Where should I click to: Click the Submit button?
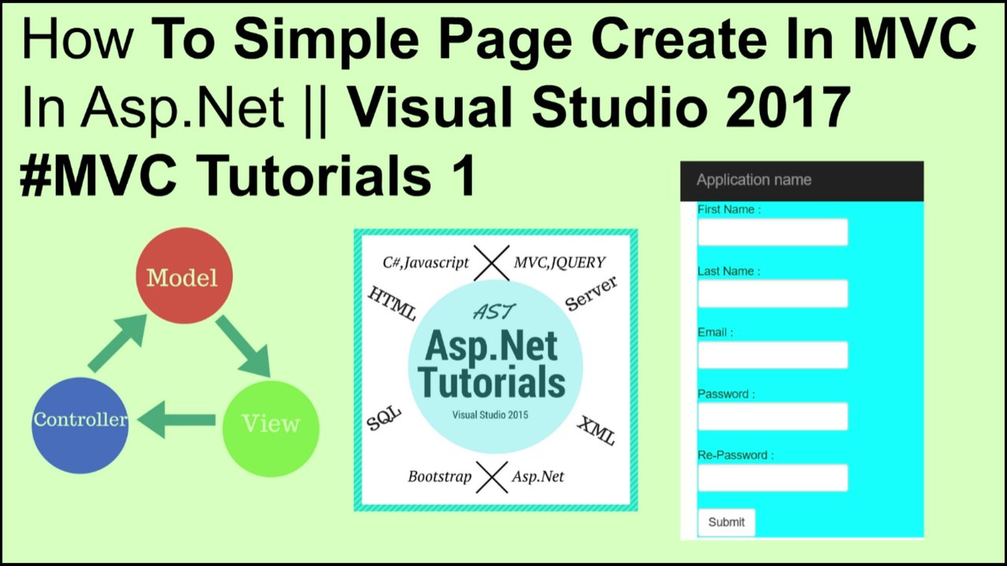tap(726, 522)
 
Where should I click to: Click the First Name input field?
tap(772, 233)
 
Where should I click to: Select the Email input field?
tap(772, 355)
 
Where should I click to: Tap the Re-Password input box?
tap(772, 478)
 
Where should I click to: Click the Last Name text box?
tap(772, 294)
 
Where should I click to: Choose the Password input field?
tap(772, 417)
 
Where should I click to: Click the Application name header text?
tap(754, 180)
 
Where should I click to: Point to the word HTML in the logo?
tap(392, 303)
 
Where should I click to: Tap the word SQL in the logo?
tap(384, 420)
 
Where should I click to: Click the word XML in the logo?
tap(596, 431)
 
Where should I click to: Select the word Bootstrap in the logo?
tap(439, 476)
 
